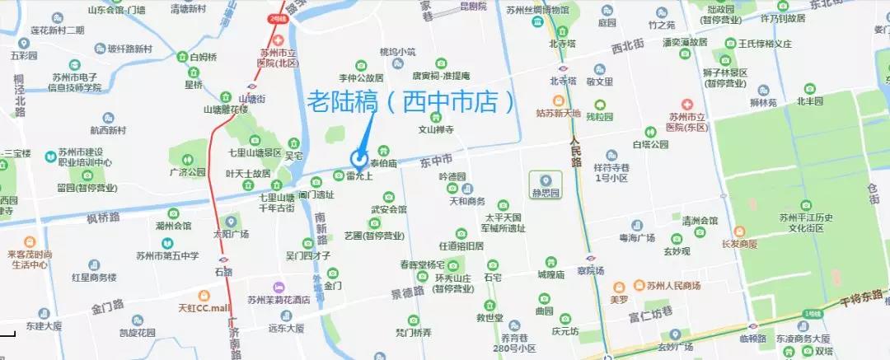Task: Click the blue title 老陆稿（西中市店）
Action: [x=416, y=102]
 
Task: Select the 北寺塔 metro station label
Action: [x=564, y=82]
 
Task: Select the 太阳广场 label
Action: [x=230, y=233]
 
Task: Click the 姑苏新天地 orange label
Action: [x=558, y=113]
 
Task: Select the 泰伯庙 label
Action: [x=384, y=163]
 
